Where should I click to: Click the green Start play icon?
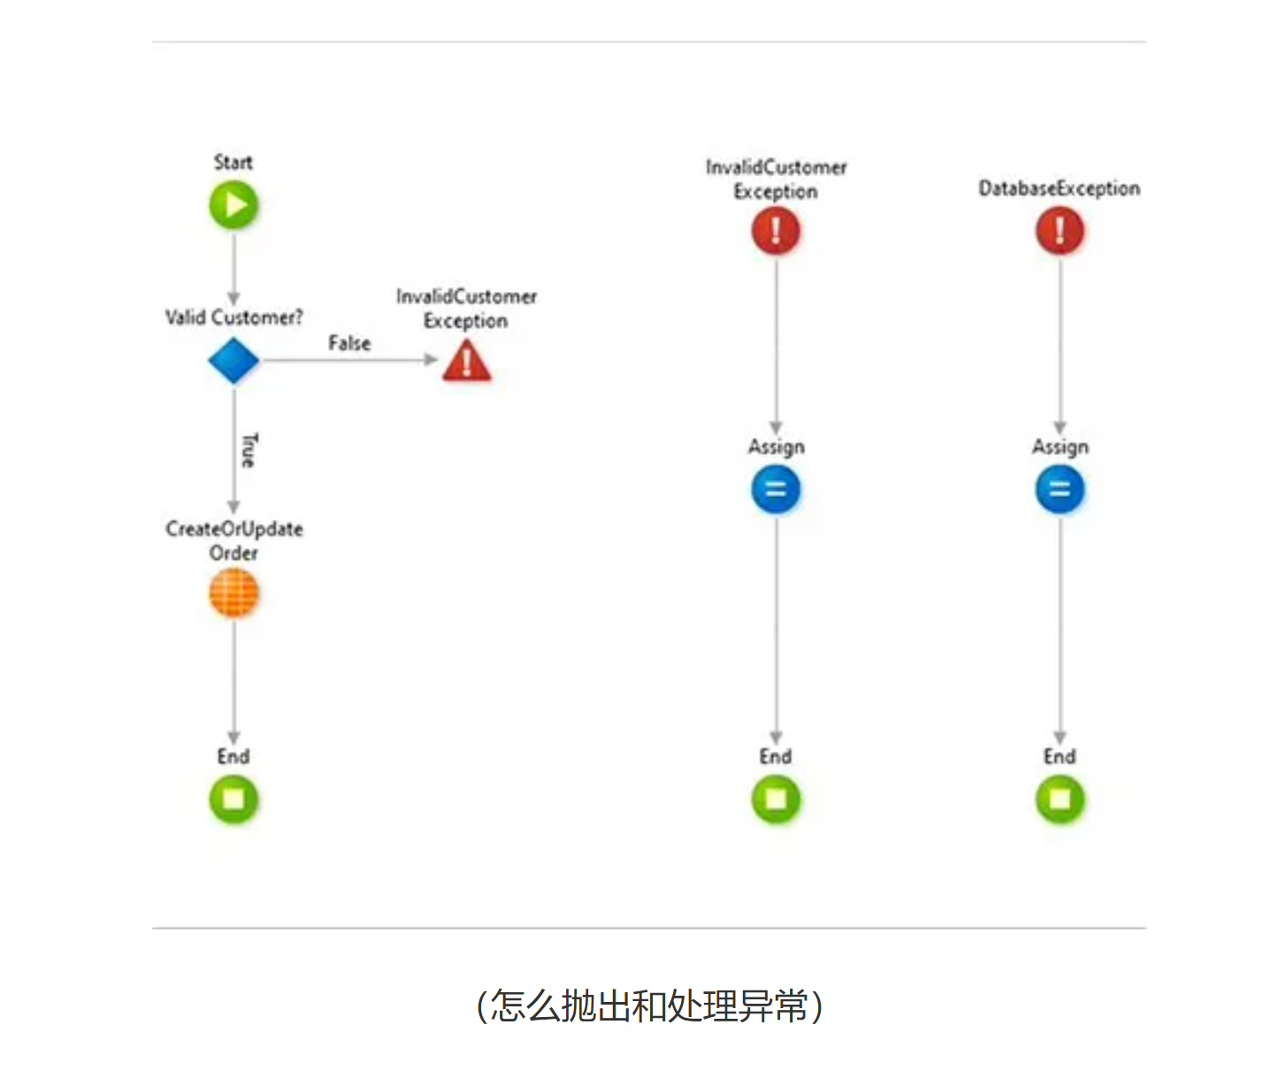tap(234, 205)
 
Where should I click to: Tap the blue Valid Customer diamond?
tap(234, 361)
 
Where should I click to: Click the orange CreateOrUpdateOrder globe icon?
tap(234, 593)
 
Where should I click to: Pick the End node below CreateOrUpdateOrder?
tap(234, 799)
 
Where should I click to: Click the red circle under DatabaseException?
tap(1060, 231)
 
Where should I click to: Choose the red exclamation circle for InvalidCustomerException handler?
tap(776, 231)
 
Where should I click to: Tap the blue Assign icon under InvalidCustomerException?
tap(776, 489)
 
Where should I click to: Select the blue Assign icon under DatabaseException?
tap(1060, 489)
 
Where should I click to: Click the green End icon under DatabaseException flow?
tap(1060, 799)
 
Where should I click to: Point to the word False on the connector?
tap(349, 343)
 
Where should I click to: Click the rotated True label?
tap(249, 450)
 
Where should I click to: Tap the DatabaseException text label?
tap(1059, 188)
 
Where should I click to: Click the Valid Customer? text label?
tap(234, 317)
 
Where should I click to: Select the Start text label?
tap(234, 163)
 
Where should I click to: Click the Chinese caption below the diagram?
tap(649, 1006)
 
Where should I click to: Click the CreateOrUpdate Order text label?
tap(234, 540)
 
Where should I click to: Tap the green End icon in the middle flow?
tap(776, 799)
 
